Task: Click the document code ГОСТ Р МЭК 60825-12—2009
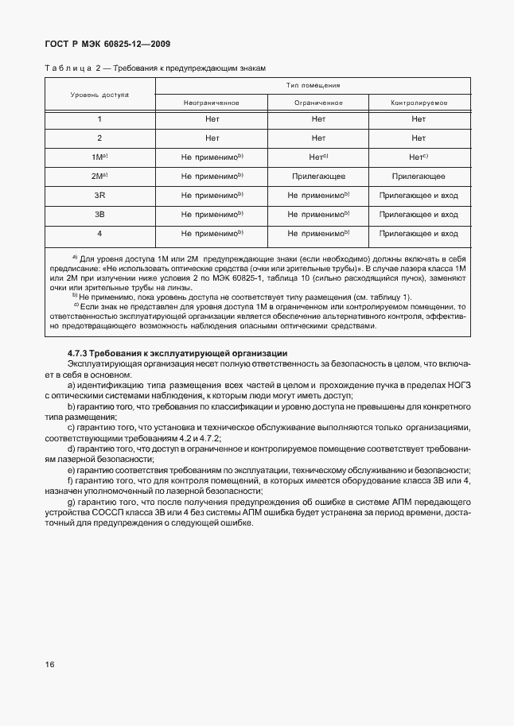coord(107,45)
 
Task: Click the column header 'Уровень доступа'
coord(99,94)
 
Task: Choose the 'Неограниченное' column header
coord(212,103)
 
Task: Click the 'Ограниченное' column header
coord(318,103)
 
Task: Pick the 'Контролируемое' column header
coord(419,103)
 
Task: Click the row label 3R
coord(99,196)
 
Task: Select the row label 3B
coord(99,215)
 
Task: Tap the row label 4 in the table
coord(99,234)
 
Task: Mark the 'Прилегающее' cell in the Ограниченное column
coord(318,177)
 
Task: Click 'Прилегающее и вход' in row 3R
coord(419,196)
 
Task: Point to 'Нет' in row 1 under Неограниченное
coord(212,119)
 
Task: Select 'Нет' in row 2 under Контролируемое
coord(419,138)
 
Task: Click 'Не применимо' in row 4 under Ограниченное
coord(317,234)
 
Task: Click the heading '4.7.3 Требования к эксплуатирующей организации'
coord(177,352)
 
